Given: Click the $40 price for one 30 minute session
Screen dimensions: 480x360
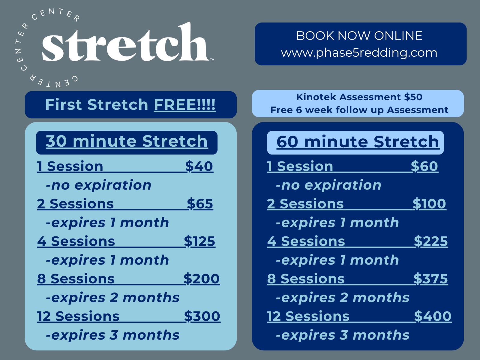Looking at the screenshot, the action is [199, 166].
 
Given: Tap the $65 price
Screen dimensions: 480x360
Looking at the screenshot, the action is [200, 204].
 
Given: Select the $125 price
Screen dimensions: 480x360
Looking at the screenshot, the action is [199, 241].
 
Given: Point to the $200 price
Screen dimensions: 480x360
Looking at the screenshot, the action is [202, 279].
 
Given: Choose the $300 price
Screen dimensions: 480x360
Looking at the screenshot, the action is [202, 316].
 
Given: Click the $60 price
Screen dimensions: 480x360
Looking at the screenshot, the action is [424, 166].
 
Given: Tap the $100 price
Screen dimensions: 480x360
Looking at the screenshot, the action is [429, 204].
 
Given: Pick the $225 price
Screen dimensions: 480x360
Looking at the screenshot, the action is [431, 241].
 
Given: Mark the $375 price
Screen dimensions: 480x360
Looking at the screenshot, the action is [431, 279].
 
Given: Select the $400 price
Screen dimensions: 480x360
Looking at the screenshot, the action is [433, 316].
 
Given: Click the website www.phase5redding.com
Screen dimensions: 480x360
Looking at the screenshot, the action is [359, 53].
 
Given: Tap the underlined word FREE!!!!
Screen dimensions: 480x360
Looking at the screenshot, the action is [185, 105].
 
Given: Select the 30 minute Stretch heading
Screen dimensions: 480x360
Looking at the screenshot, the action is [127, 141].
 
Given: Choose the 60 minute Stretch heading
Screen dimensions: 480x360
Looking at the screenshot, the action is [358, 142].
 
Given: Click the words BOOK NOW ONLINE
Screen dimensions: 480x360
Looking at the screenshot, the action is [359, 36].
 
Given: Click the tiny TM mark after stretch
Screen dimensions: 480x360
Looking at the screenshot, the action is [212, 59].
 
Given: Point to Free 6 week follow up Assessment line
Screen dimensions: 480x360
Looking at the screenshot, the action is [359, 110].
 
